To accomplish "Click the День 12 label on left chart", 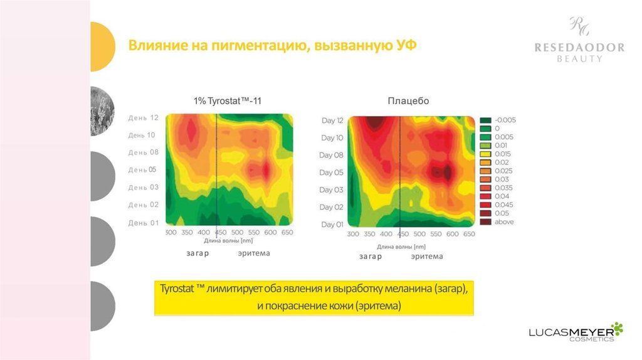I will tap(144, 117).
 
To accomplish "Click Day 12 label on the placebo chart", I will tap(332, 120).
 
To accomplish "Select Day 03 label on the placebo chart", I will tap(332, 190).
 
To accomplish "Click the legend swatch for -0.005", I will tap(486, 120).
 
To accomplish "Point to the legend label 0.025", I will tap(503, 171).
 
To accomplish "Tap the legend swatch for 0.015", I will tap(486, 154).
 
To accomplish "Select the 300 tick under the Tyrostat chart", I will tap(171, 233).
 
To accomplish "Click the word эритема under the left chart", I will tap(254, 253).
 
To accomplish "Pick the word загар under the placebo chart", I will tap(371, 257).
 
